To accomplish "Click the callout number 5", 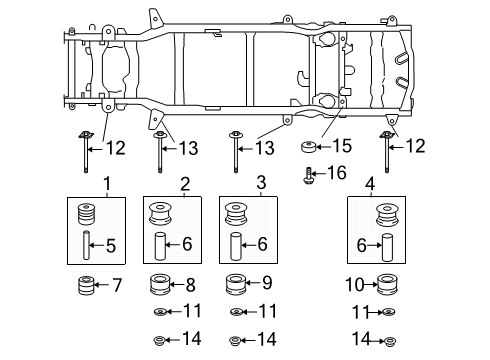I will pyautogui.click(x=112, y=244).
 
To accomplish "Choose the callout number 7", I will pyautogui.click(x=116, y=286).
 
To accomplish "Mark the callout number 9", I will pyautogui.click(x=267, y=284).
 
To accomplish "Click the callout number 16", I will pyautogui.click(x=336, y=173).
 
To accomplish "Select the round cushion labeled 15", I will pyautogui.click(x=312, y=147).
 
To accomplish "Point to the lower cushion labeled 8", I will pyautogui.click(x=162, y=285).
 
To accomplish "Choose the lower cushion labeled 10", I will pyautogui.click(x=388, y=285).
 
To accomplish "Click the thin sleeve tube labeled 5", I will pyautogui.click(x=86, y=245).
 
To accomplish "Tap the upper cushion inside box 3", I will pyautogui.click(x=238, y=214).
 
